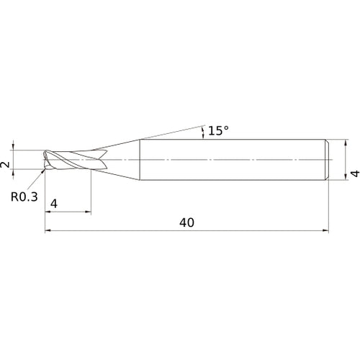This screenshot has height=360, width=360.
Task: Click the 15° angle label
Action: click(218, 130)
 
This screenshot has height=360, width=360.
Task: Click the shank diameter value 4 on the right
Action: click(354, 173)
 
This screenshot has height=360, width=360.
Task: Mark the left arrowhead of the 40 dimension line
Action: click(48, 230)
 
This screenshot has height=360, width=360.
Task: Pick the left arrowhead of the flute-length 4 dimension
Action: click(48, 212)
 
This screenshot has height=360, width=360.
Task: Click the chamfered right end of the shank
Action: click(328, 158)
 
